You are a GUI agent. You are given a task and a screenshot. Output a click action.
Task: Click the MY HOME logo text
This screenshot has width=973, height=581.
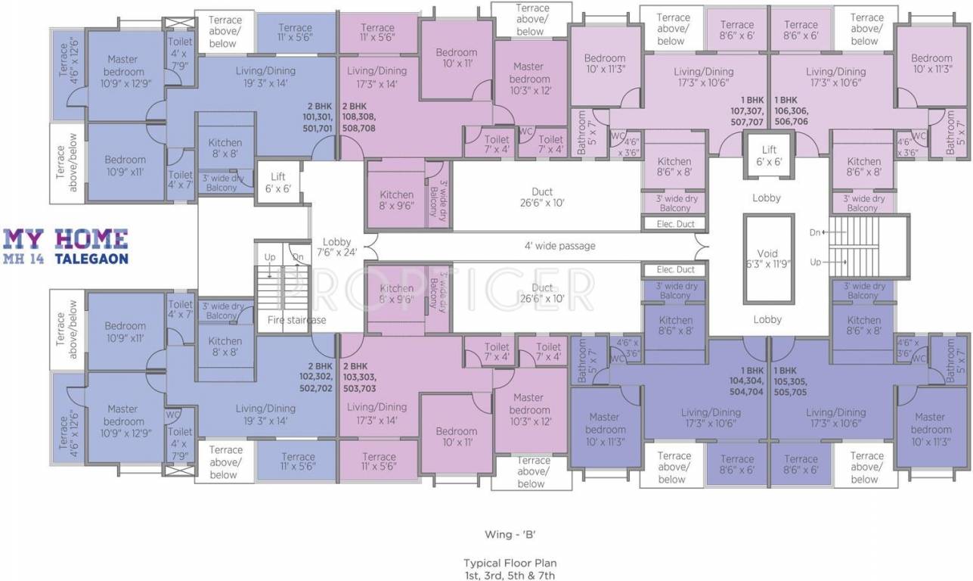(x=66, y=238)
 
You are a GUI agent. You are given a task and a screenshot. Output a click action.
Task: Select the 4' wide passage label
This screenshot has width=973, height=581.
(x=559, y=246)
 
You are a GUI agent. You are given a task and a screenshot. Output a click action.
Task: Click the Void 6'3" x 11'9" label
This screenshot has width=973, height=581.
(x=767, y=259)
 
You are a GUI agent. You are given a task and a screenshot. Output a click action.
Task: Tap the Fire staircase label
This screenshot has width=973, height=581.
(x=296, y=320)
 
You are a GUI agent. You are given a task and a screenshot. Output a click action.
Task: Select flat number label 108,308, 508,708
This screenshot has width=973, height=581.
(x=358, y=117)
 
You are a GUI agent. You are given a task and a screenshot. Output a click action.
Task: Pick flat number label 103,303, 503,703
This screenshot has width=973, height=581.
(x=358, y=377)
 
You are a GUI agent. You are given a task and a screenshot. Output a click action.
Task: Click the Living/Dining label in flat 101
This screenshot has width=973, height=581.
(x=265, y=76)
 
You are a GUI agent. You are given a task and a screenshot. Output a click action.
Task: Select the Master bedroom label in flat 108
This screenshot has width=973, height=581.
(x=529, y=78)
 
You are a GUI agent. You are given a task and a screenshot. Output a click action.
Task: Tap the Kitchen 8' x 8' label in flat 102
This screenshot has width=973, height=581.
(x=225, y=346)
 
